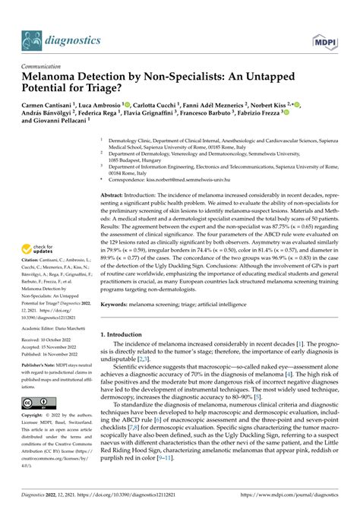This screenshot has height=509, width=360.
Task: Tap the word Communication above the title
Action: tap(47, 67)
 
